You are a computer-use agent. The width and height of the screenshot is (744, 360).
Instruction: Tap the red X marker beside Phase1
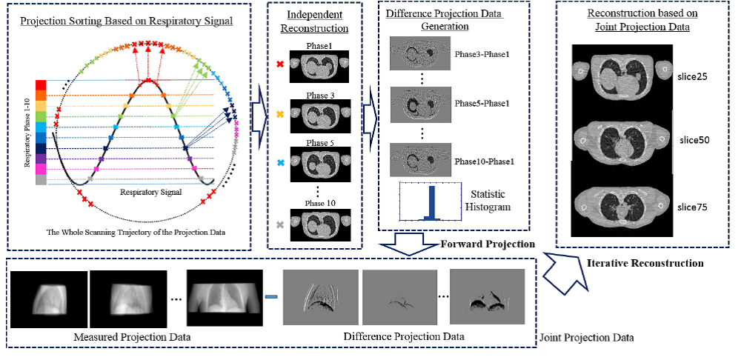tap(279, 64)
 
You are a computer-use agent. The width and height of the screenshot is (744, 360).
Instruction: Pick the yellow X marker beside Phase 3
tap(279, 115)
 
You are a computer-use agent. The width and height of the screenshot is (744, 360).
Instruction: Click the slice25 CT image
tap(622, 74)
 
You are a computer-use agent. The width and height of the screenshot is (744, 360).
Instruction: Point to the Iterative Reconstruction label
tap(645, 263)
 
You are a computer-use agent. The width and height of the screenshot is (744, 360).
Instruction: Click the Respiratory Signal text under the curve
tap(151, 191)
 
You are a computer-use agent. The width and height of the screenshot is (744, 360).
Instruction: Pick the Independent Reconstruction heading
tap(316, 22)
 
